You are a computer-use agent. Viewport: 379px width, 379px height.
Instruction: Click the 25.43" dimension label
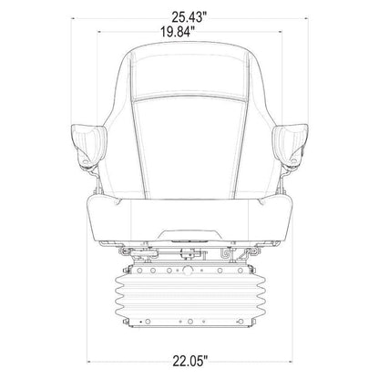point(191,17)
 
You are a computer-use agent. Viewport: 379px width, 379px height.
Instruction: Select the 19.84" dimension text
point(177,32)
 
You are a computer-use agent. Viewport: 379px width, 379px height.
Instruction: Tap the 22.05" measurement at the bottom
point(190,361)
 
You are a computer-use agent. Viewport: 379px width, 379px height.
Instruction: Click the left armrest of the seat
point(88,145)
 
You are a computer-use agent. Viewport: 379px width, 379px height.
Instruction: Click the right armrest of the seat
point(290,145)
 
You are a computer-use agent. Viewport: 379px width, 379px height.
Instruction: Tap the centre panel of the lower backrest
point(189,149)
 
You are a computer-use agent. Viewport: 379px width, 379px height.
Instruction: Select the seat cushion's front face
point(189,220)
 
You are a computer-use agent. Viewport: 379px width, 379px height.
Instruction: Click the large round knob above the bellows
point(188,270)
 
